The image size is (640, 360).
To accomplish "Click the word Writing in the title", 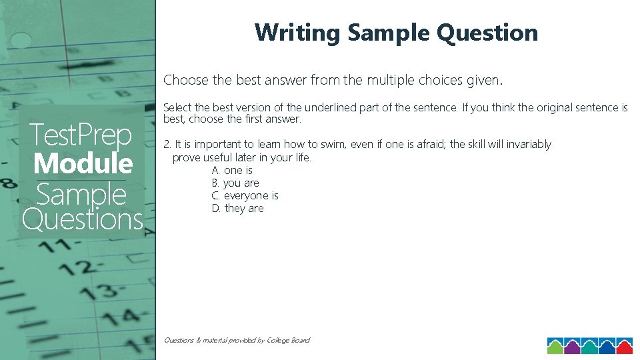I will (x=297, y=33).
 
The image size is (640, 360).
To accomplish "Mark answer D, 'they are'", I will (x=237, y=209).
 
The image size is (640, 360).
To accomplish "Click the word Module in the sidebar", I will (x=83, y=163).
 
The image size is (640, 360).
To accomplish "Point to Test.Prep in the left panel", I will (x=80, y=135).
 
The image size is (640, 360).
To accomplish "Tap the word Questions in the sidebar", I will (x=83, y=219).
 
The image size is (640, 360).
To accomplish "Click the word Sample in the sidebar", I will (x=81, y=195).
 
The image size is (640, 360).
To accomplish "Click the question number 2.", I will (x=167, y=145).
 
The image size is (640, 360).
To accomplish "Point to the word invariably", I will (x=528, y=145).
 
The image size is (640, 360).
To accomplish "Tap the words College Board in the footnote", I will (x=287, y=341).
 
